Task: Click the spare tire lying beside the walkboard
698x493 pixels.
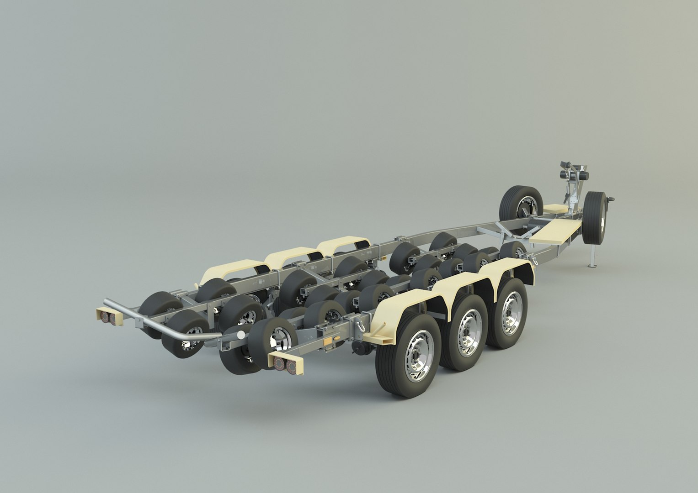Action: (x=520, y=204)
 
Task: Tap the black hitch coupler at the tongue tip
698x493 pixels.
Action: (x=611, y=199)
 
